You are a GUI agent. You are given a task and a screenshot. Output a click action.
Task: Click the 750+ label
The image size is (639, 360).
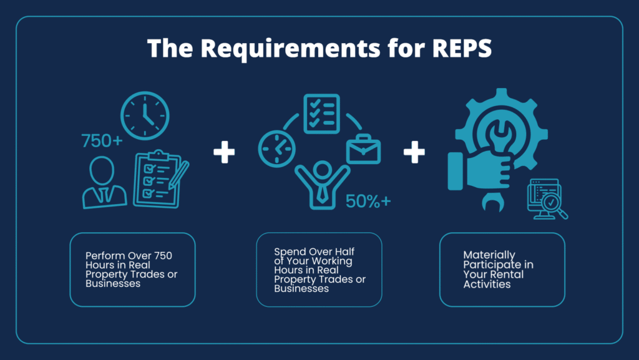click(102, 141)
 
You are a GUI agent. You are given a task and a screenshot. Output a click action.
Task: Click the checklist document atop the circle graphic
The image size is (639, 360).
click(321, 113)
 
